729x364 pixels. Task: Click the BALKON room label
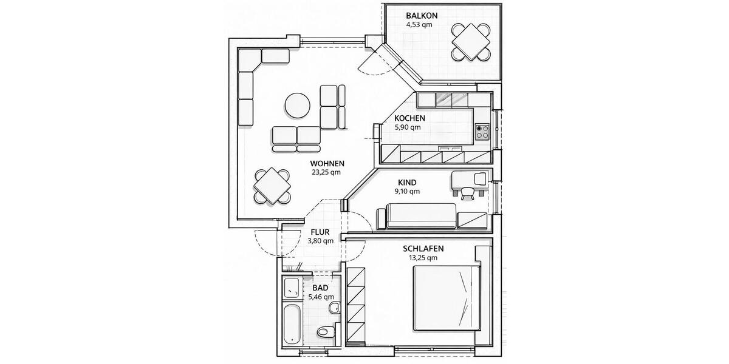(422, 15)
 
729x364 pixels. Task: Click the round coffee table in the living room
(298, 106)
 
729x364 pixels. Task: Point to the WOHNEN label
(327, 163)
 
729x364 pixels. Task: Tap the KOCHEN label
(409, 118)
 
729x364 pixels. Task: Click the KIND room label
(406, 182)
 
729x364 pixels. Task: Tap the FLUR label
(320, 232)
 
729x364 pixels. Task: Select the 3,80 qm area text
(320, 241)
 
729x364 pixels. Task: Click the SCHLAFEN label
(423, 249)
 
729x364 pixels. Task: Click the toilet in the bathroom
(326, 332)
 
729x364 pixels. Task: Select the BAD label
(320, 288)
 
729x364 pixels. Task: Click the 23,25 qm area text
(327, 172)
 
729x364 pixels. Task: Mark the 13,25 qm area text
(423, 258)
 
